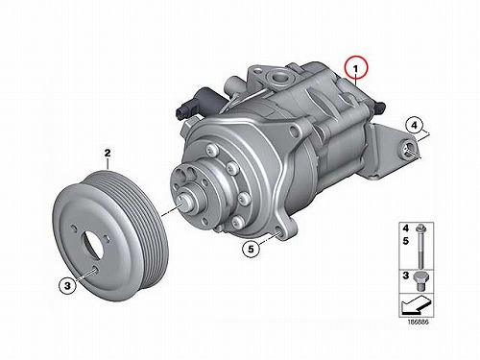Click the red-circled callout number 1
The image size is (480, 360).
(356, 68)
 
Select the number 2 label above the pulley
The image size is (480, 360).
(108, 153)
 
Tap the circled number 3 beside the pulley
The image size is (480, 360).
(67, 285)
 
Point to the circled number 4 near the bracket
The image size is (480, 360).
(414, 125)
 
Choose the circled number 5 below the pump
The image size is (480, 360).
(251, 249)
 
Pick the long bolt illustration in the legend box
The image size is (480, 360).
(420, 247)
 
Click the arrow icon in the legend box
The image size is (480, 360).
(416, 304)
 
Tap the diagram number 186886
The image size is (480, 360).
(418, 322)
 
